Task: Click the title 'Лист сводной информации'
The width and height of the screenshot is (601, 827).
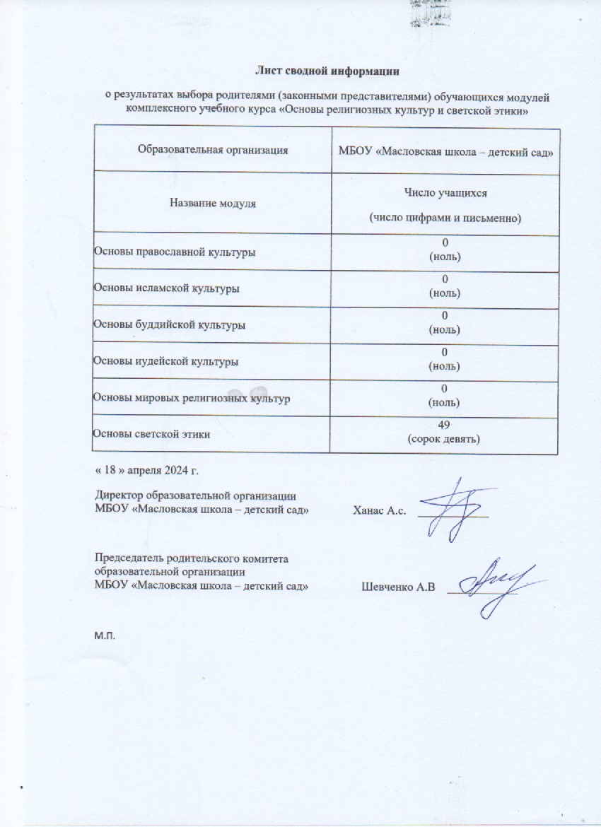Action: pyautogui.click(x=327, y=71)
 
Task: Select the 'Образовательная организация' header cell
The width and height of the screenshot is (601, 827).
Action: pyautogui.click(x=213, y=150)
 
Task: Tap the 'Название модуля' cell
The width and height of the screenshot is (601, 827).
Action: pyautogui.click(x=213, y=204)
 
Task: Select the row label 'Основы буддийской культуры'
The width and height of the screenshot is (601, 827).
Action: pyautogui.click(x=170, y=325)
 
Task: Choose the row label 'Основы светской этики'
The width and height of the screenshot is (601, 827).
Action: pyautogui.click(x=151, y=434)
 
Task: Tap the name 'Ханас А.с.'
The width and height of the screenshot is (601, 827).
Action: pyautogui.click(x=379, y=512)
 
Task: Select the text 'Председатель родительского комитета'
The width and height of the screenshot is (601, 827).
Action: pyautogui.click(x=192, y=559)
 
